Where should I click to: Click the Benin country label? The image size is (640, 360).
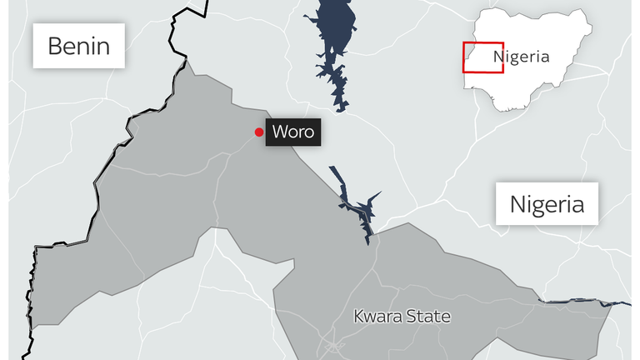tap(79, 45)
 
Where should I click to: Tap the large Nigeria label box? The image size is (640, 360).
tap(547, 203)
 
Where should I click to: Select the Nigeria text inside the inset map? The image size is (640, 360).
tap(522, 57)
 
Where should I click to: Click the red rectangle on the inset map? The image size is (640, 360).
tap(483, 57)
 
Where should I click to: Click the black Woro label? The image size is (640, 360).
tap(292, 132)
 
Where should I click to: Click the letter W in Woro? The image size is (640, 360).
tap(277, 132)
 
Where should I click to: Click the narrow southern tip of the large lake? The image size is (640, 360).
tap(340, 104)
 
